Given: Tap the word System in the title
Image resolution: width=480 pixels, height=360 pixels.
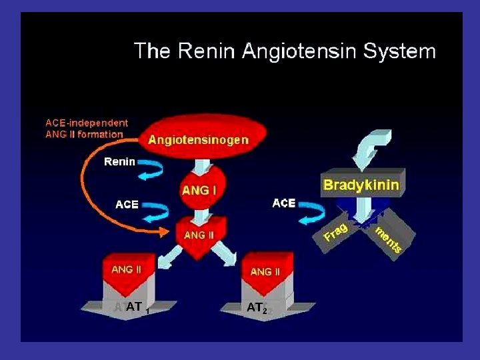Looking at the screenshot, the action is (398, 51).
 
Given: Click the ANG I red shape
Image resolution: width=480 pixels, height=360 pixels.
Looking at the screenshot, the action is (199, 189).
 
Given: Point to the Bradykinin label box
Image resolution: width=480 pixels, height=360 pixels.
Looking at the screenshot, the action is (361, 185).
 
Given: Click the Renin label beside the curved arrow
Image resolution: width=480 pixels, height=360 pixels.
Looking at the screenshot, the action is (120, 161).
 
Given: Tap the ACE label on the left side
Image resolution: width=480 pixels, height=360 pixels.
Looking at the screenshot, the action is (127, 205).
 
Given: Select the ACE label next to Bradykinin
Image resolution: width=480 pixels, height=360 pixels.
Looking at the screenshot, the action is (284, 203).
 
